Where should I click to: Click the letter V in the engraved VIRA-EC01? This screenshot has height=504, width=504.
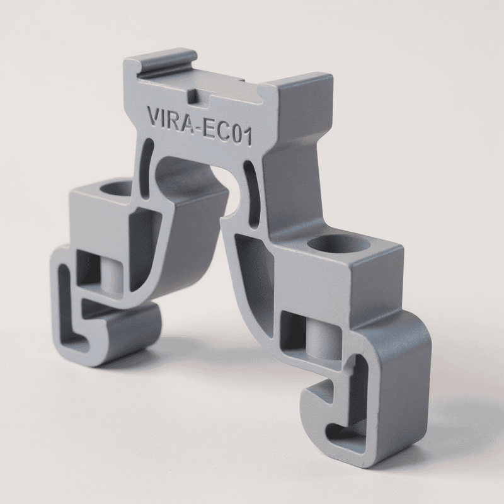pyautogui.click(x=153, y=117)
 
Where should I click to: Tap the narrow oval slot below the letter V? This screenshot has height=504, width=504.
pyautogui.click(x=147, y=164)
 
